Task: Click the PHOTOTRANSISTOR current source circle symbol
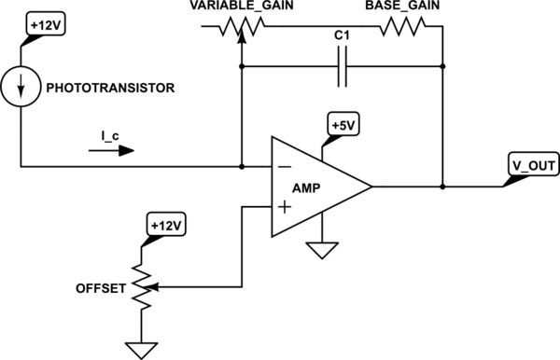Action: click(20, 90)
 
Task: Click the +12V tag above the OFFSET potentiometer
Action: click(165, 225)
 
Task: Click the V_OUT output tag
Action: click(531, 166)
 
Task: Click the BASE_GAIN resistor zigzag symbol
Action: click(400, 29)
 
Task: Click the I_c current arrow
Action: click(117, 148)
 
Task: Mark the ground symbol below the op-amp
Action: click(322, 250)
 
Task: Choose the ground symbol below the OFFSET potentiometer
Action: click(141, 350)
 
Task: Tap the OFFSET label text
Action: click(101, 289)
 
